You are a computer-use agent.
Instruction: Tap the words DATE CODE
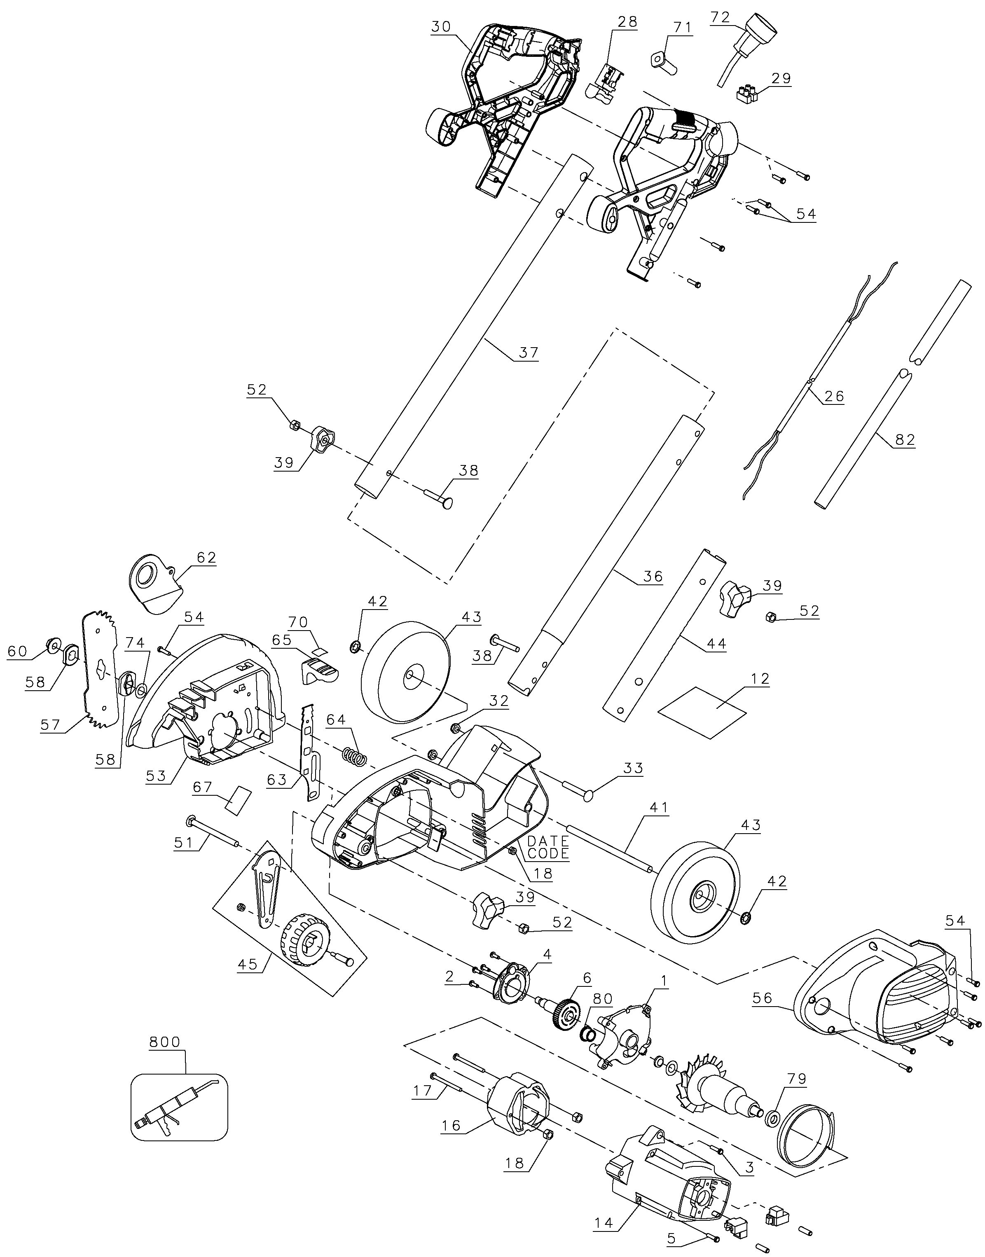pos(548,847)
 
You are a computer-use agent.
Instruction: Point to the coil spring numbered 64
pos(354,755)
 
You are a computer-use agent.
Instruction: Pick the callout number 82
pos(904,439)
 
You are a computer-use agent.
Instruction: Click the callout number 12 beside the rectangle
pos(760,679)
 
